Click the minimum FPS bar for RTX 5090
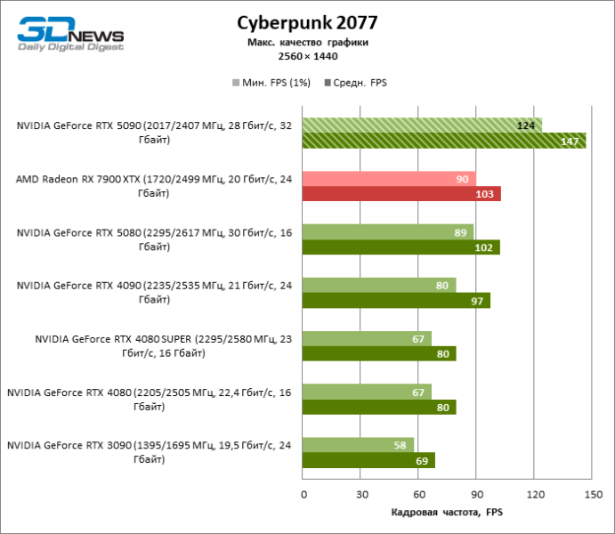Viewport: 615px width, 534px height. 422,125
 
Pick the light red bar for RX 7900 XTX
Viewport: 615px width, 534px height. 389,179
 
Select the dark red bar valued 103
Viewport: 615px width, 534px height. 401,194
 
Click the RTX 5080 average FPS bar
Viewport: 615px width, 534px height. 401,247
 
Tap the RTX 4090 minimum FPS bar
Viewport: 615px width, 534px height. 379,285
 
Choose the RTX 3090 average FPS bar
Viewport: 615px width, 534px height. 368,460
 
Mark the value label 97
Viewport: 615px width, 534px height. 477,301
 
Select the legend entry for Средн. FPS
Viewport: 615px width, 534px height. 359,83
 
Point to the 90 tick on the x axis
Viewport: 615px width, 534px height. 476,496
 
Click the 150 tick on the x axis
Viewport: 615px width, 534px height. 591,496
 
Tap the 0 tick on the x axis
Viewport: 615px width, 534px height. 303,496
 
